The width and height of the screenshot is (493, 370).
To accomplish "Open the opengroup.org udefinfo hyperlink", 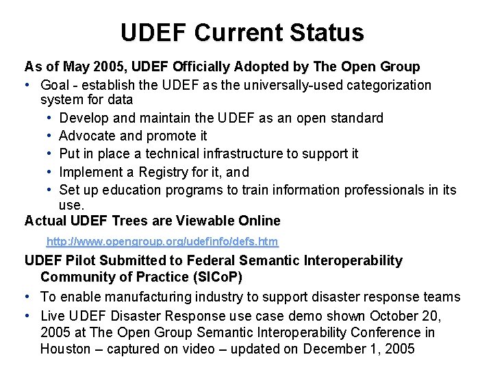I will (162, 242).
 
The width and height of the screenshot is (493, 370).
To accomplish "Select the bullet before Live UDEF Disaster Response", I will (29, 315).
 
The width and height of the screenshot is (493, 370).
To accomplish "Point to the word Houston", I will (64, 349).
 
